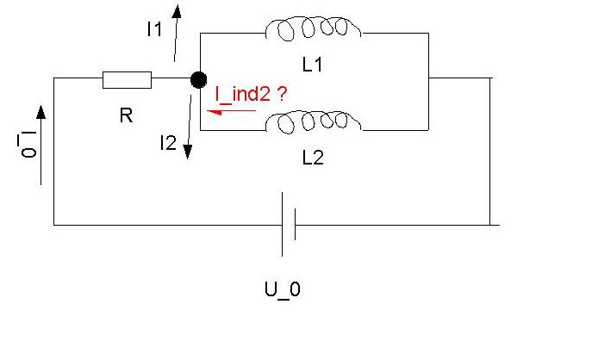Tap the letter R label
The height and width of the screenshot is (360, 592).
127,115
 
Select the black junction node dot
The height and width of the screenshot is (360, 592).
198,80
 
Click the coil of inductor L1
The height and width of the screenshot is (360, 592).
313,28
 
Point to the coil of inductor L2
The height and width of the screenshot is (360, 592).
313,121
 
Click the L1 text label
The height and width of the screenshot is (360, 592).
313,65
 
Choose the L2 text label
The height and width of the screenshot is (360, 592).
313,158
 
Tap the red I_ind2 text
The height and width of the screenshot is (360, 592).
243,95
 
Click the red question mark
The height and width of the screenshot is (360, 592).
282,94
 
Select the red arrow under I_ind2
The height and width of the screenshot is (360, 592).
231,112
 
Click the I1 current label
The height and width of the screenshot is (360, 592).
154,29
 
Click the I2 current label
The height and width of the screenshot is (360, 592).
168,143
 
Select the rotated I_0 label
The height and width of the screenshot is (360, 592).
28,144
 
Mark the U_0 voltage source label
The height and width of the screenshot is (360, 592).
283,290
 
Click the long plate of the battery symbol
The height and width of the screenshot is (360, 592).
282,224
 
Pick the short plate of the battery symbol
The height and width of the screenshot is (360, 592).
295,224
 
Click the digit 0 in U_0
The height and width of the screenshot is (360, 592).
296,289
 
